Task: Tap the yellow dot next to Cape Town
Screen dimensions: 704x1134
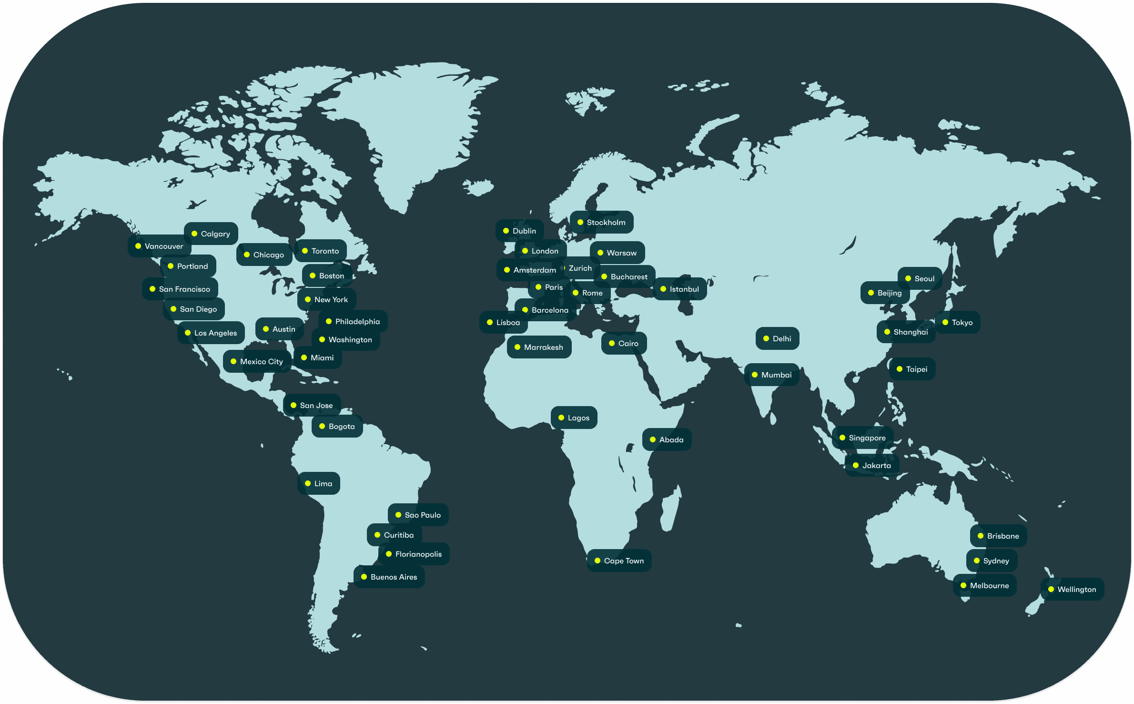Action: pos(597,561)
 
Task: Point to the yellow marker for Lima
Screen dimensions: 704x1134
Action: pos(308,483)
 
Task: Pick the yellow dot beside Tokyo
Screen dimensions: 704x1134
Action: pos(945,322)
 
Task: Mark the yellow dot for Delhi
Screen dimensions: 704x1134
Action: pos(766,338)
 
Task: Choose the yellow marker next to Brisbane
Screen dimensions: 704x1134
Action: pos(981,536)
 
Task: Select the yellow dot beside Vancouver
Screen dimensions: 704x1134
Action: pos(138,246)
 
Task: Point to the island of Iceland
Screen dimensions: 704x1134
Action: pos(478,187)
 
